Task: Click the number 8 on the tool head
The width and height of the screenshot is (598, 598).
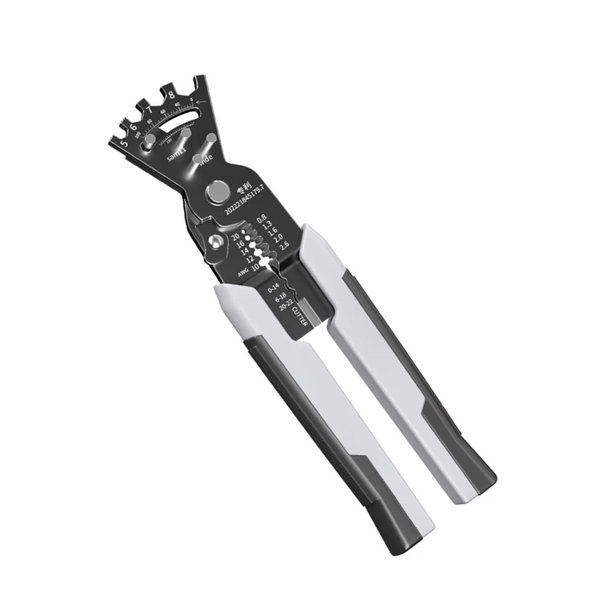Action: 171,95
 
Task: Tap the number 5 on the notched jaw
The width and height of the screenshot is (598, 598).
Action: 123,143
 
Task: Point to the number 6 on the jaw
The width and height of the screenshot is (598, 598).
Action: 133,127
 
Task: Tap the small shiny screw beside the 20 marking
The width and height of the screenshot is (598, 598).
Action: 216,242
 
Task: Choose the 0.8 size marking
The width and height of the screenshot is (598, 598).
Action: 252,218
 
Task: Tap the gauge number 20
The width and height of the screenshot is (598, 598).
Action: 235,237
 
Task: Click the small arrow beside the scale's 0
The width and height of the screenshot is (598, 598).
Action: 200,102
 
